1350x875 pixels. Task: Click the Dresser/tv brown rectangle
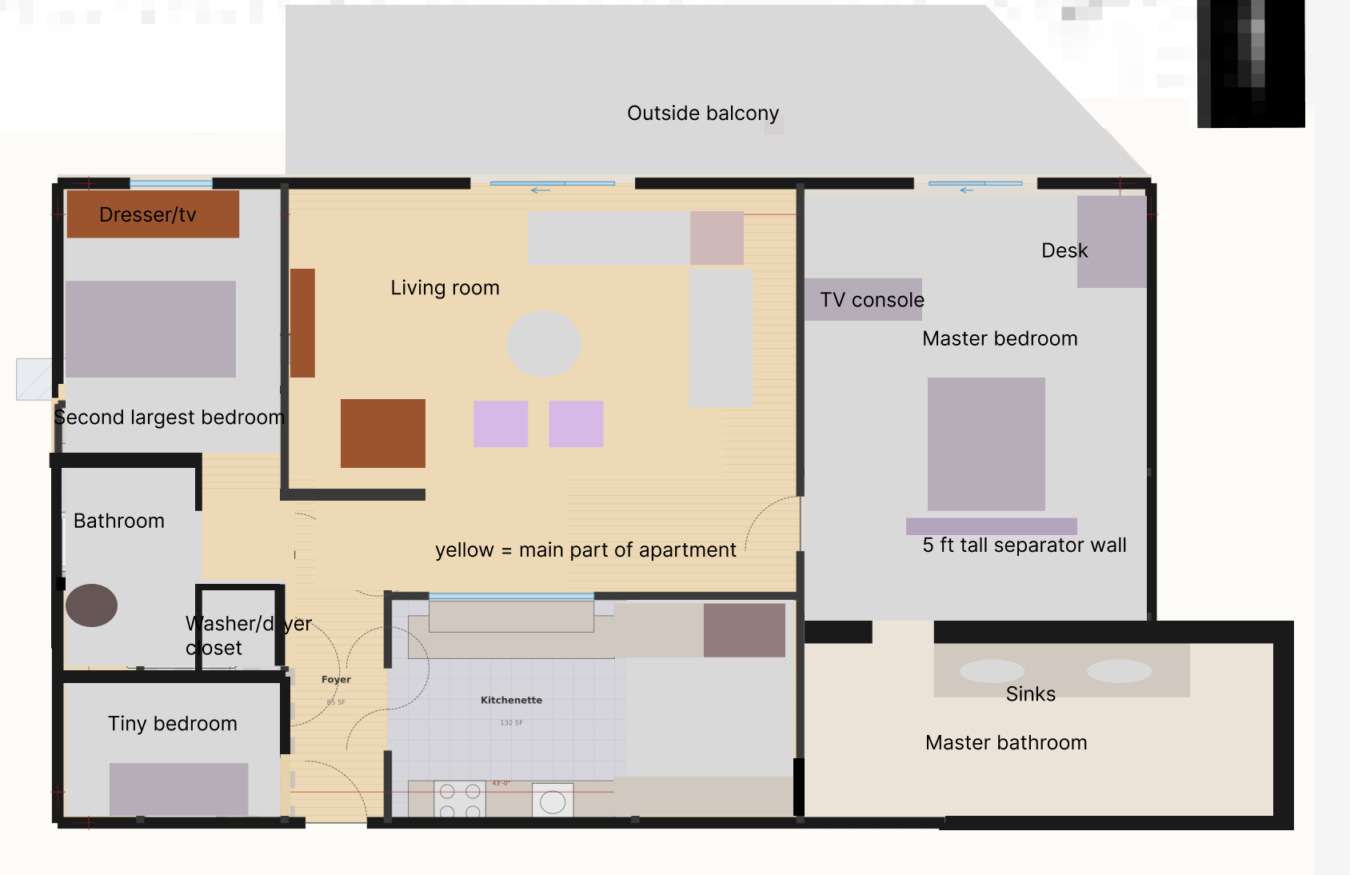(x=153, y=214)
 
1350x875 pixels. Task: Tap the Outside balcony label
(x=702, y=113)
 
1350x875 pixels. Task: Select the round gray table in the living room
(x=544, y=344)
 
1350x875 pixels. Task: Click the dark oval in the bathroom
(x=91, y=605)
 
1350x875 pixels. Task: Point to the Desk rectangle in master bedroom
(x=1112, y=242)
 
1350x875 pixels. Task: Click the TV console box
(x=863, y=299)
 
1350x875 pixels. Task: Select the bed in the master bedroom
(x=986, y=444)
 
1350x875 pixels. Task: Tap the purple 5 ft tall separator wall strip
(x=991, y=526)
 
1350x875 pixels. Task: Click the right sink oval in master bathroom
(x=1119, y=671)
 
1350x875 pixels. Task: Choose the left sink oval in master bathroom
(x=992, y=671)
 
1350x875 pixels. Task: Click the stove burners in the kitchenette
(x=460, y=800)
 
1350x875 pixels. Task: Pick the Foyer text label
(x=336, y=679)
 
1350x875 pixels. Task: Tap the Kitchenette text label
(x=511, y=700)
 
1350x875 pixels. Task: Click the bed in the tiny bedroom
(x=178, y=789)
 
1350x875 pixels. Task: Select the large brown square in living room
(x=382, y=433)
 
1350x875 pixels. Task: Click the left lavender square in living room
(x=501, y=424)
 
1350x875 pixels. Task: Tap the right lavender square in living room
(x=576, y=424)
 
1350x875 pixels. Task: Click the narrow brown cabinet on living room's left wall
(x=302, y=322)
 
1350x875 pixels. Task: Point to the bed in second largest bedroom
(x=150, y=329)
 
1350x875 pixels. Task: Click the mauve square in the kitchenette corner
(x=744, y=630)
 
